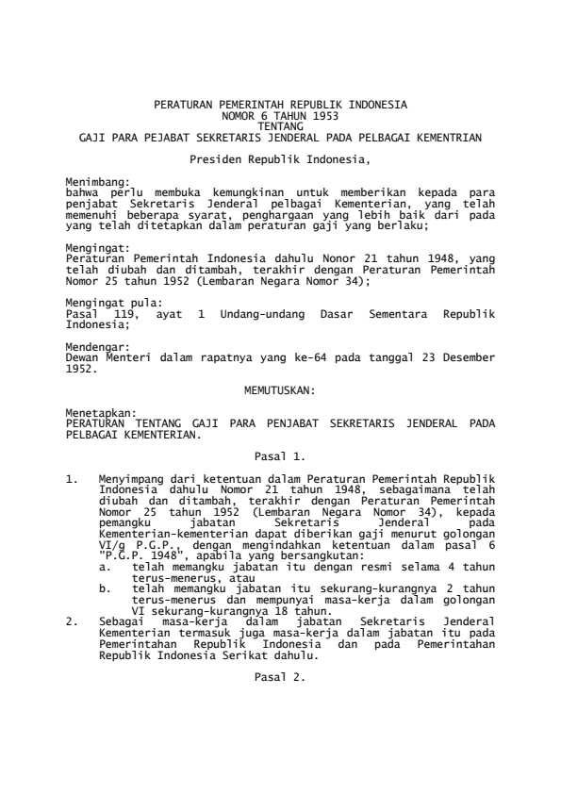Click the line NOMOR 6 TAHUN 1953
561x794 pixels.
coord(280,112)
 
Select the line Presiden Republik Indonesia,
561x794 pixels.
coord(280,161)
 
